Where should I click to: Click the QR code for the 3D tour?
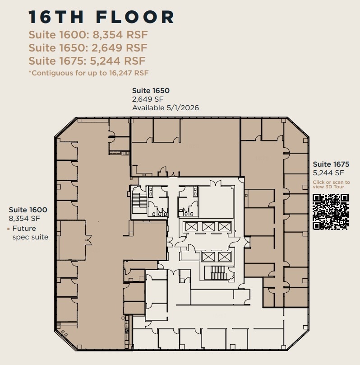pyautogui.click(x=331, y=211)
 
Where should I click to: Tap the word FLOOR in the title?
pyautogui.click(x=135, y=17)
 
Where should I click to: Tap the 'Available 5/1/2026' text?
pyautogui.click(x=165, y=108)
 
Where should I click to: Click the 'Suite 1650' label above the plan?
pyautogui.click(x=151, y=91)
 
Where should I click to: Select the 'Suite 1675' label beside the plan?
pyautogui.click(x=331, y=164)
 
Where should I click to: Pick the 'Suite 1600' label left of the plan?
pyautogui.click(x=28, y=210)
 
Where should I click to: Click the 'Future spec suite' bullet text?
pyautogui.click(x=30, y=233)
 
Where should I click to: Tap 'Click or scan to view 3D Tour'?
pyautogui.click(x=331, y=184)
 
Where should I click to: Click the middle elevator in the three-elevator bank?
pyautogui.click(x=208, y=227)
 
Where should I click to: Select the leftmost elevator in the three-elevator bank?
pyautogui.click(x=192, y=227)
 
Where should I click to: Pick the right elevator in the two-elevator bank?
pyautogui.click(x=224, y=257)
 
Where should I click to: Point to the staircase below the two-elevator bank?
pyautogui.click(x=217, y=272)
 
